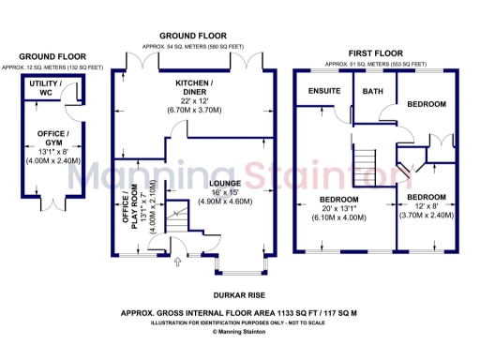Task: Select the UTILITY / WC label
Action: tap(46, 89)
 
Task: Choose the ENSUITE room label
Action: tap(324, 92)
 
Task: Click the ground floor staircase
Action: tap(171, 221)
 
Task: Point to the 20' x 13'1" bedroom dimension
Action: tap(339, 211)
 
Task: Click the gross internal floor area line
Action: tap(239, 313)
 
